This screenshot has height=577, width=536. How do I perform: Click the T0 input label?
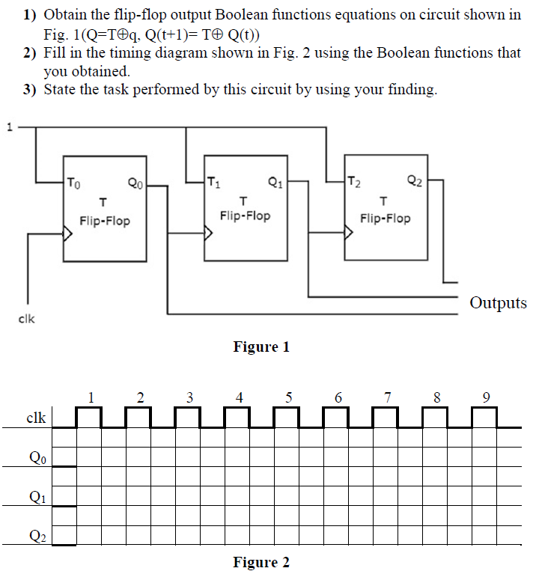pyautogui.click(x=72, y=182)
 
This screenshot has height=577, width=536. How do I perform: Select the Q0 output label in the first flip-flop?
pyautogui.click(x=135, y=182)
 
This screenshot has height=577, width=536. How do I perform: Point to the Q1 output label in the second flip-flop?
pyautogui.click(x=275, y=181)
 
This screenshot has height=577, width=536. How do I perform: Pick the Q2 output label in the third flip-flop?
pyautogui.click(x=415, y=180)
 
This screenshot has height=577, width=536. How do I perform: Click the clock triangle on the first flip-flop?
pyautogui.click(x=68, y=234)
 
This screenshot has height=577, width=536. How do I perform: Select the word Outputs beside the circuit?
pyautogui.click(x=498, y=303)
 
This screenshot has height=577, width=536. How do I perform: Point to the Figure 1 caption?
pyautogui.click(x=261, y=346)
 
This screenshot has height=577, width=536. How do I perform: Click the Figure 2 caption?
pyautogui.click(x=261, y=562)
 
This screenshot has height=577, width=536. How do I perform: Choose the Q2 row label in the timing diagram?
pyautogui.click(x=36, y=535)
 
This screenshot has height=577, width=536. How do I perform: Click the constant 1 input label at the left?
pyautogui.click(x=10, y=126)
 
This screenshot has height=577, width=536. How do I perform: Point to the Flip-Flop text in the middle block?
pyautogui.click(x=245, y=216)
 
